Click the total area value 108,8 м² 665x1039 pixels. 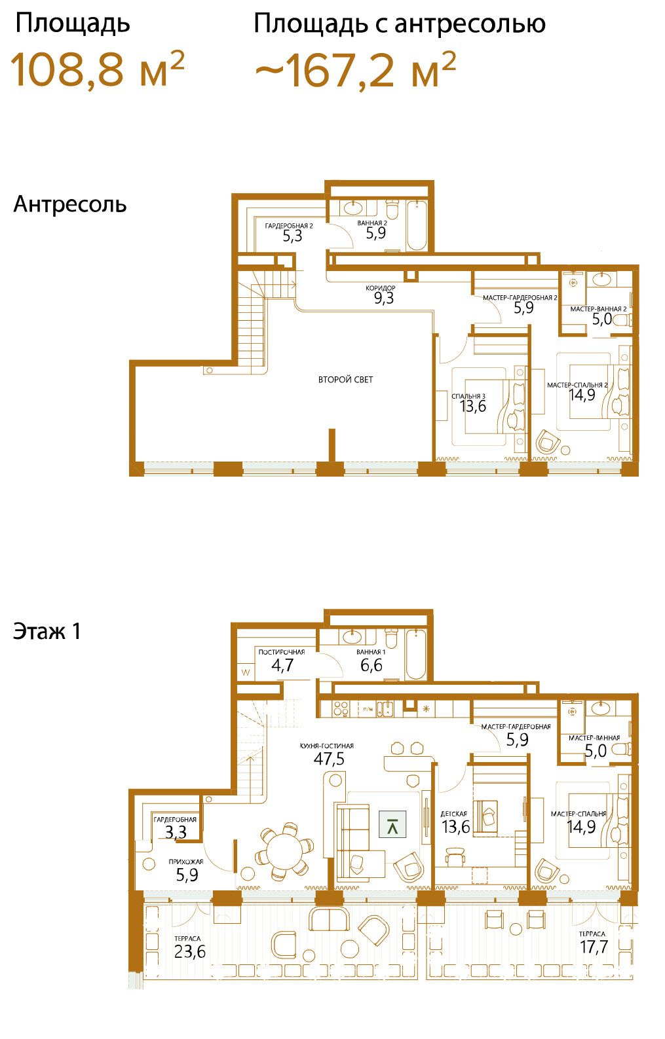coord(98,69)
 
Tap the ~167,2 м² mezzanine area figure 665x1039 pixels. coord(356,69)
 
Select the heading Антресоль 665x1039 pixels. coord(70,204)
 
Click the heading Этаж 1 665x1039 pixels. coord(47,631)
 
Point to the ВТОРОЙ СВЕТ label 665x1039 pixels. coord(345,380)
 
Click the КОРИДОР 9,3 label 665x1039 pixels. coord(381,295)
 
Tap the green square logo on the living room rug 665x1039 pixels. coord(392,824)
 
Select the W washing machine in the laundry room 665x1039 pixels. coord(246,672)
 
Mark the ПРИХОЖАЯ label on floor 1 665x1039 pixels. coord(185,862)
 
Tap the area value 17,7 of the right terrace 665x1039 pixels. coord(594,947)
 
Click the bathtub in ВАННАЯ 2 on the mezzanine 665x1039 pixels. coord(416,225)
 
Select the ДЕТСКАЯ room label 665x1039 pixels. coord(454,814)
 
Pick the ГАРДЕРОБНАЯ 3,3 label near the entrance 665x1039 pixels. coord(176,826)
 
